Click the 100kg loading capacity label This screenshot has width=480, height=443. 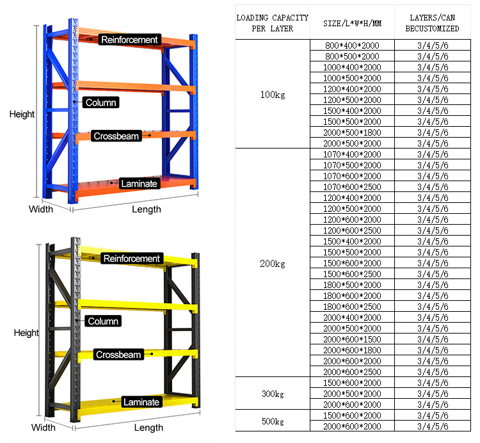[x=273, y=95]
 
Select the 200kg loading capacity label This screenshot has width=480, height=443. [x=273, y=263]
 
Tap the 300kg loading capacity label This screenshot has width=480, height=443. [x=273, y=394]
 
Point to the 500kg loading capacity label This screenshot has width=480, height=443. [x=273, y=421]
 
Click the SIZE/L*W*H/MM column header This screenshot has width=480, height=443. [x=353, y=23]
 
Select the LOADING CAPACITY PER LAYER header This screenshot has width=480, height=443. [x=273, y=23]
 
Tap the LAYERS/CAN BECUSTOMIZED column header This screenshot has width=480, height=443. [x=432, y=23]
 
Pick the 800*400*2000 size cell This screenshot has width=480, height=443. [x=352, y=45]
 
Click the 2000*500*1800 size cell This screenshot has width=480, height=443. [x=352, y=133]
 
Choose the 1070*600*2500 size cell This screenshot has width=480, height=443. [x=352, y=187]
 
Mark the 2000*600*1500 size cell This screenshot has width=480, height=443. [x=352, y=339]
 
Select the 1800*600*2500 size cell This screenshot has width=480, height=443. [x=352, y=307]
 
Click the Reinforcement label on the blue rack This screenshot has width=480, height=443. [x=129, y=40]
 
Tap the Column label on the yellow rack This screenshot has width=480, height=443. [x=103, y=321]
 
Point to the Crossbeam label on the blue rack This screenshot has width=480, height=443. [x=116, y=136]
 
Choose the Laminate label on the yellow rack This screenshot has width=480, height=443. [x=141, y=402]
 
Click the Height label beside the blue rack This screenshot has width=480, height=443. [x=22, y=114]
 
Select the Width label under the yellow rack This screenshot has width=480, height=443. [x=43, y=428]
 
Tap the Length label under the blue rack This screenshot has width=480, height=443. [x=147, y=209]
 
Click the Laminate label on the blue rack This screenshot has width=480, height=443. [x=140, y=183]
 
